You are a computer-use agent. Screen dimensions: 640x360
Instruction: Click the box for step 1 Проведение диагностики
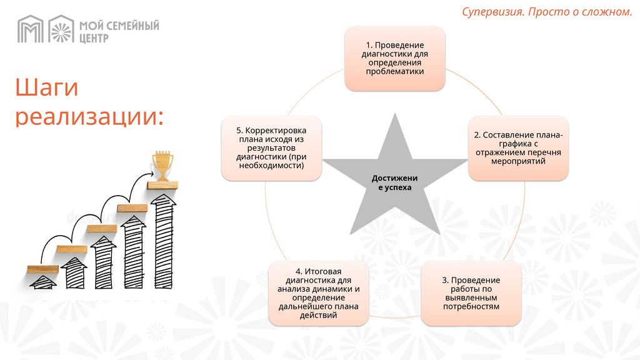(x=395, y=58)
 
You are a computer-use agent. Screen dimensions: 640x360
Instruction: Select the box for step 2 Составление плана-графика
(x=518, y=148)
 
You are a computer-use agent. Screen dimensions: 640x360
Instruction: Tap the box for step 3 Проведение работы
(x=471, y=294)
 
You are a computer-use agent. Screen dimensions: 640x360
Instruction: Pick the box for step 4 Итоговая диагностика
(x=318, y=294)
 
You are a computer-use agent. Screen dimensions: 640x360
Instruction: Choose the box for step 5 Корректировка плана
(x=271, y=148)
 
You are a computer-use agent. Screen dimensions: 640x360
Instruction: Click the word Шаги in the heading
(x=47, y=88)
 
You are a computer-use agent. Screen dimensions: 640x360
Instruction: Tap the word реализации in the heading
(x=89, y=117)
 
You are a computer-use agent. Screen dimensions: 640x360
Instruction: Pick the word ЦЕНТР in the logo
(x=94, y=37)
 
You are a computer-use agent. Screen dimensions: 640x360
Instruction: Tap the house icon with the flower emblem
(x=61, y=29)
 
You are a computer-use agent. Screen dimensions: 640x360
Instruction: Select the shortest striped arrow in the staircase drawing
(x=43, y=282)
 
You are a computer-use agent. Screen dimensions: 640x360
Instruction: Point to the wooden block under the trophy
(x=162, y=186)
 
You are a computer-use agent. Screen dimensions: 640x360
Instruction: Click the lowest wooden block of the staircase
(x=43, y=269)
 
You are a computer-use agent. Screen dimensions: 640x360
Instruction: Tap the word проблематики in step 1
(x=395, y=71)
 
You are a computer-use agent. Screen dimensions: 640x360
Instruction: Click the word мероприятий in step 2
(x=518, y=161)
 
